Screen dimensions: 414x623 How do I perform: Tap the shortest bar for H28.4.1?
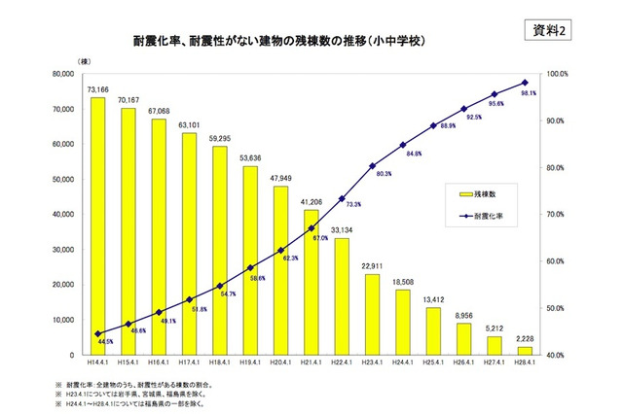tap(525, 350)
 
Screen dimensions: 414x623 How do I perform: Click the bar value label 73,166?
tap(97, 89)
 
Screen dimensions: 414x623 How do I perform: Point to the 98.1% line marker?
tap(525, 83)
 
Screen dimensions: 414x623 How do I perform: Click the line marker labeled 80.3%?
tap(372, 166)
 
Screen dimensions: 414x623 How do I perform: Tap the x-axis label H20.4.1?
tap(280, 362)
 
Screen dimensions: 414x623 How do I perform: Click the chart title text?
tap(281, 44)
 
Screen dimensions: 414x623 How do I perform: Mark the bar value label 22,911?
tap(372, 265)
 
